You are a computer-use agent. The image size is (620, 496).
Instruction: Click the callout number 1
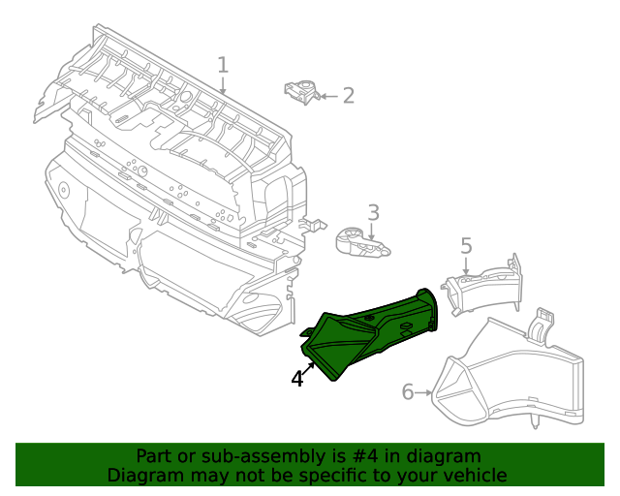coord(223,65)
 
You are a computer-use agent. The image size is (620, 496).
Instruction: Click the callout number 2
coord(348,95)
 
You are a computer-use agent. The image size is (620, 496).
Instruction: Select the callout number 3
coord(373,213)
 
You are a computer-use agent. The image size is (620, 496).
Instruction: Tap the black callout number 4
coord(297,380)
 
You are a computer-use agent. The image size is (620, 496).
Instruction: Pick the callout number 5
coord(466,246)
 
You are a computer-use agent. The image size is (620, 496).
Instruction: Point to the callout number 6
coord(408,391)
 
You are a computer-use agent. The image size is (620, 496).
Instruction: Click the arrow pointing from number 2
coord(327,95)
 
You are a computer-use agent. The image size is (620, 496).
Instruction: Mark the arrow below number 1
coord(223,85)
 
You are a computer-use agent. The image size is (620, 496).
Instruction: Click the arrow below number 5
coord(466,267)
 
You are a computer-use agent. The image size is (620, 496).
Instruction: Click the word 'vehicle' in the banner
coord(474,475)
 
